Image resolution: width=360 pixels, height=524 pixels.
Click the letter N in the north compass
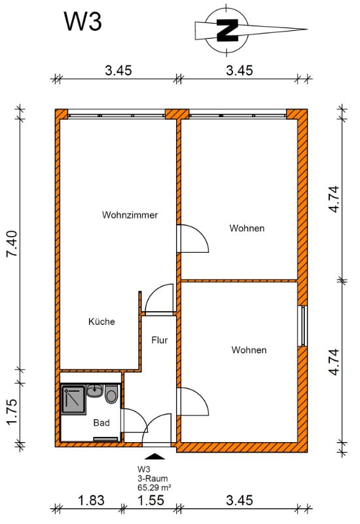point(227,30)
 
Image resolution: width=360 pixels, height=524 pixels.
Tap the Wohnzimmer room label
point(130,215)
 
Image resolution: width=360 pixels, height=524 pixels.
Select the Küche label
point(101,322)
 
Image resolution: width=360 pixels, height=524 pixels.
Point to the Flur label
point(159,340)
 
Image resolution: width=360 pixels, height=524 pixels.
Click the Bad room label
point(101,422)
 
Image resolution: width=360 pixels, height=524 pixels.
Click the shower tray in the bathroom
point(73,400)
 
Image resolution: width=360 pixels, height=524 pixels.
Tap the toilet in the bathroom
point(111,394)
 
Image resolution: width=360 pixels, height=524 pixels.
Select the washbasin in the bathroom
point(95,390)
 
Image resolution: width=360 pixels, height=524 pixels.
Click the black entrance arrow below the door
point(154,456)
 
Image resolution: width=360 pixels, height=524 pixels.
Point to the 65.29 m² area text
point(154,487)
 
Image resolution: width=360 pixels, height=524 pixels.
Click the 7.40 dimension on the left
point(12,243)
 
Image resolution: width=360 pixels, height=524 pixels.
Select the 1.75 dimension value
point(12,412)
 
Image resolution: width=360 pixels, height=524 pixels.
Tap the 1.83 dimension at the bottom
point(91,500)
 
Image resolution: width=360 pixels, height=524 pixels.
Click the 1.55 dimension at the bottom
point(151,500)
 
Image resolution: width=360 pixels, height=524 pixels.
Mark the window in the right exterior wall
point(302,326)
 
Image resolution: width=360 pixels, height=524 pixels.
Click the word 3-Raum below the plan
point(153,479)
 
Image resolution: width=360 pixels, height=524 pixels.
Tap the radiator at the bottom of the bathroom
point(105,439)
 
